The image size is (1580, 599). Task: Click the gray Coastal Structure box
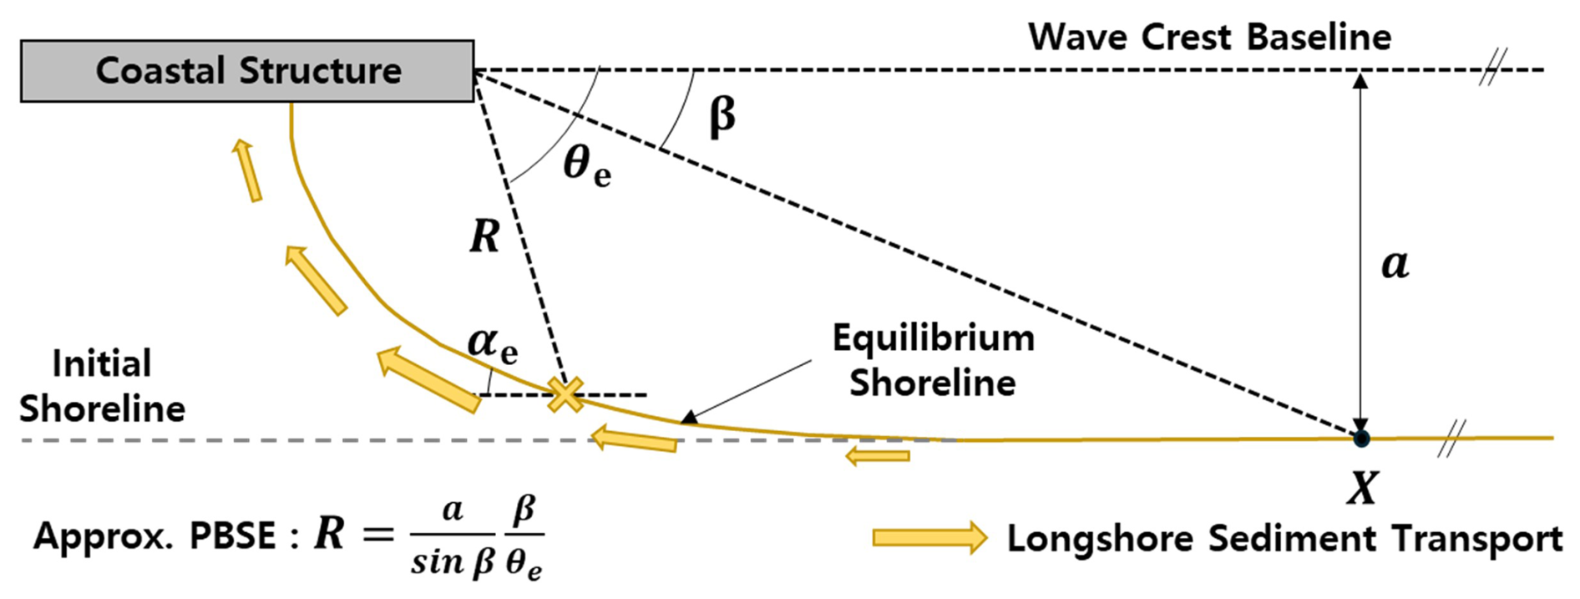247,71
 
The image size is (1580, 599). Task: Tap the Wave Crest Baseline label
1209,38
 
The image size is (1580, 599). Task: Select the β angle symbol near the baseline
722,115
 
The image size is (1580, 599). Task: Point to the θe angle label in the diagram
587,165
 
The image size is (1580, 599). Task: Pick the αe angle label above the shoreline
492,343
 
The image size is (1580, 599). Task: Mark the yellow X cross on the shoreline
565,394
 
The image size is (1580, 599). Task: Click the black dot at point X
1361,438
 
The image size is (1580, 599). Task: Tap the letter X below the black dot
1362,488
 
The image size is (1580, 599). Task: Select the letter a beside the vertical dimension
1395,264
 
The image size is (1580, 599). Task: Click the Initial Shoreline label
102,386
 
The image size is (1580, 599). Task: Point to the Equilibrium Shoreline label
933,360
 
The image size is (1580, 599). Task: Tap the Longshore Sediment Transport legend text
1284,539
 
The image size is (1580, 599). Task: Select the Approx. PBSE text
154,536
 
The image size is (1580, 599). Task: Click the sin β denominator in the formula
453,563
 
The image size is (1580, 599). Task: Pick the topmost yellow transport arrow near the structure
247,170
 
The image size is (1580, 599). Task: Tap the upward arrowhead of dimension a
1360,81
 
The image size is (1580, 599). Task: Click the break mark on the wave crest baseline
1492,68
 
